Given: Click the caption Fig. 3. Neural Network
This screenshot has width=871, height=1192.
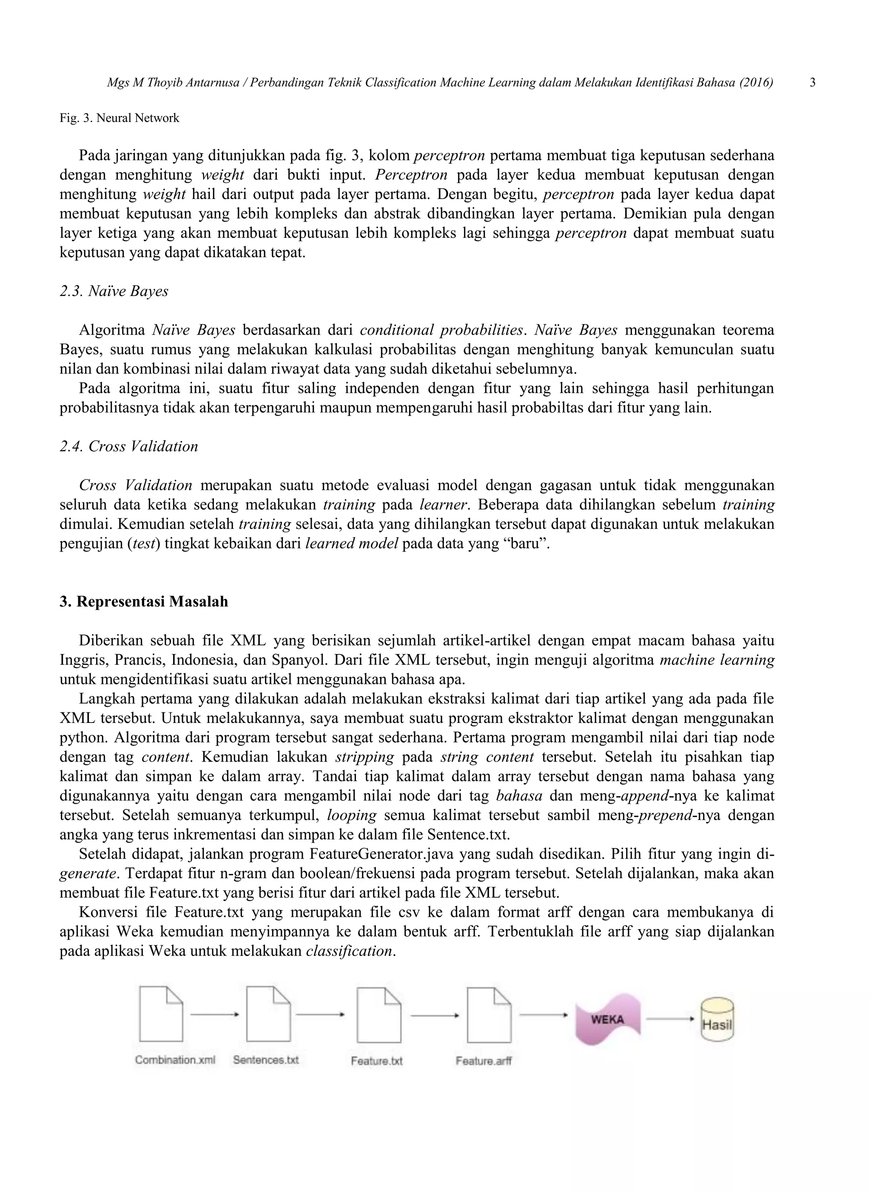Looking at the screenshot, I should pyautogui.click(x=119, y=118).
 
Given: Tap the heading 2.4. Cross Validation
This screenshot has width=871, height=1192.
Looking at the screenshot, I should pyautogui.click(x=128, y=446).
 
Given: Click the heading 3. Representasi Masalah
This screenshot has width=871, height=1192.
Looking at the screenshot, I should pyautogui.click(x=144, y=602).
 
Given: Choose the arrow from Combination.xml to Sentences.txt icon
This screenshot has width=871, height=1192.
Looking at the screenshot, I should pyautogui.click(x=215, y=1014).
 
